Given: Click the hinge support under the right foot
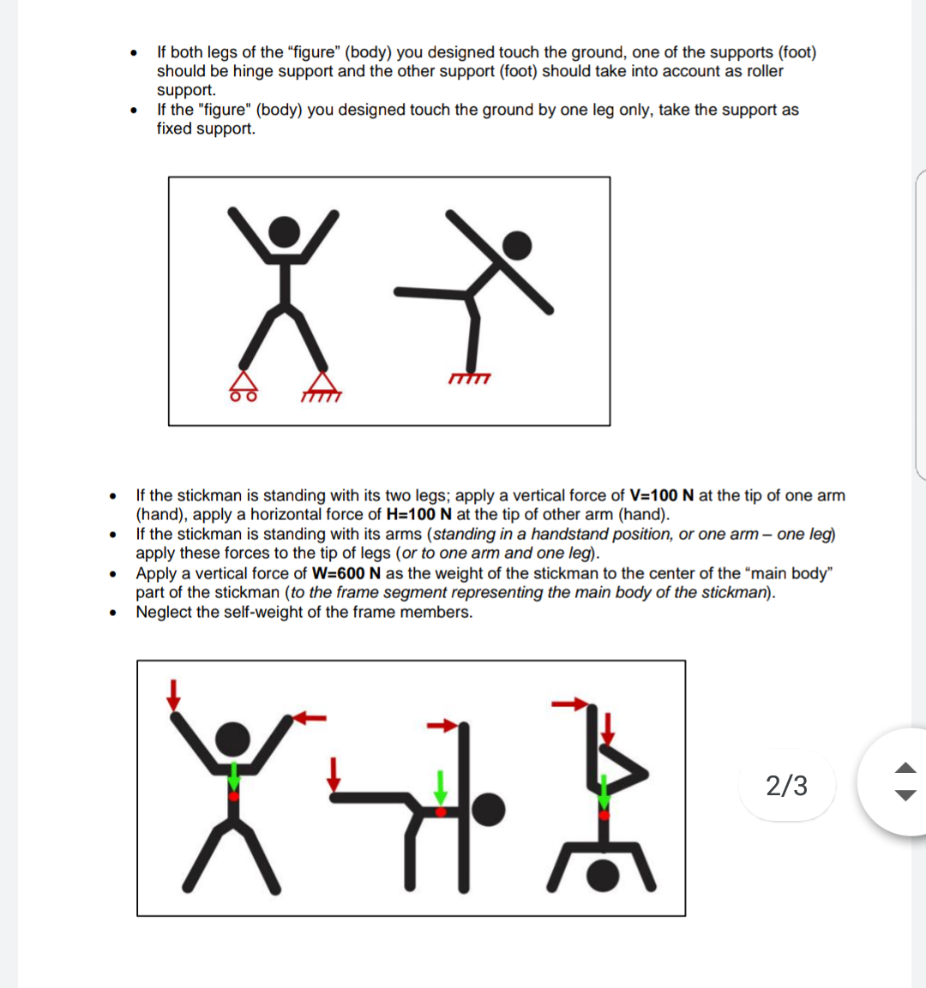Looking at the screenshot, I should [322, 386].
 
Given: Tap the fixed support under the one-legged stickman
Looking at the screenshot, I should [469, 378].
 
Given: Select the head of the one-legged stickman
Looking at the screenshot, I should [516, 245].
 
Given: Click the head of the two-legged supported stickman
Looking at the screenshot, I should [285, 230].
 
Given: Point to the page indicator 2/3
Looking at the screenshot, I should [786, 785].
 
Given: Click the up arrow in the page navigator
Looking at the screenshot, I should [905, 767].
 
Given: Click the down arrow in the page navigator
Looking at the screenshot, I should [905, 795].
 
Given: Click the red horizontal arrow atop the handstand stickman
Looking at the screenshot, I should [568, 704].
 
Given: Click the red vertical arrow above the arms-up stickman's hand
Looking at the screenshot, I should [174, 694].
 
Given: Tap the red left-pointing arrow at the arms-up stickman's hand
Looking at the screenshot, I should [313, 717].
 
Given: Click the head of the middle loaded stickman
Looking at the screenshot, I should [489, 809].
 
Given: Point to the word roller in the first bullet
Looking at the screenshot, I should [765, 71].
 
